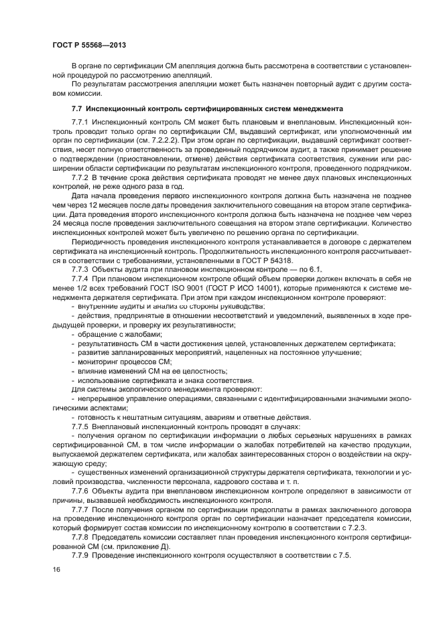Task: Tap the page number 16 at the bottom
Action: tap(56, 569)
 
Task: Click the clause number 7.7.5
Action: tap(81, 426)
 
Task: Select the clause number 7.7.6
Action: tap(81, 492)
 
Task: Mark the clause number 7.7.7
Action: tap(81, 510)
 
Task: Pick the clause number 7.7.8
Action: tap(81, 538)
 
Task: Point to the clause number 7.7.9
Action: tap(81, 556)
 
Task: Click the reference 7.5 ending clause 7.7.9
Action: tap(344, 556)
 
